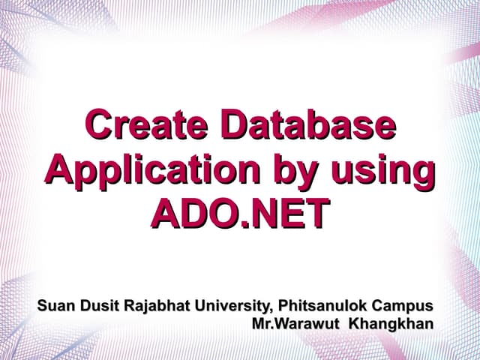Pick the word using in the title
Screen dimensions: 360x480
[382, 169]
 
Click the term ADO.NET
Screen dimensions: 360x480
[239, 213]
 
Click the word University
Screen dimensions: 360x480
[232, 306]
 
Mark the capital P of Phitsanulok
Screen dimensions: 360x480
[283, 306]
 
